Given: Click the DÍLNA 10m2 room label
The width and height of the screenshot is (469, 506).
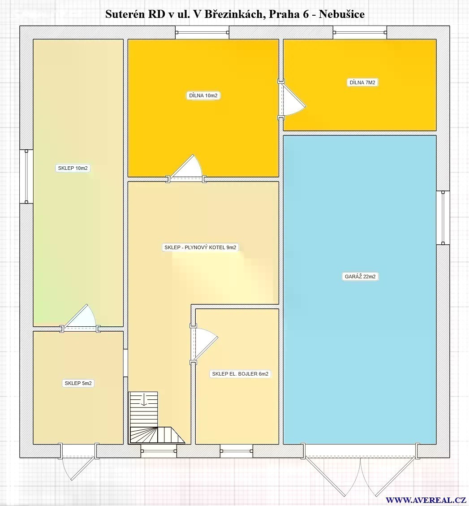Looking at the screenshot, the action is [x=203, y=95].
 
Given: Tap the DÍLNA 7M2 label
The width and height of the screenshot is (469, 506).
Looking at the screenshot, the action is [x=362, y=82].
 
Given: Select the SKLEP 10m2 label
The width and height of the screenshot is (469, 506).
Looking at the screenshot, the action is [x=73, y=168].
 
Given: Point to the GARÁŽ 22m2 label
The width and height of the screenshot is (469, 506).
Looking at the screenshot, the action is [x=360, y=277].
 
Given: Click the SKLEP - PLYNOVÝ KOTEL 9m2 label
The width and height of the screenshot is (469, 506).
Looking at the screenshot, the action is [x=200, y=247].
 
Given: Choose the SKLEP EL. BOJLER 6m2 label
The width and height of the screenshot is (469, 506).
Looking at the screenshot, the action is [x=240, y=374].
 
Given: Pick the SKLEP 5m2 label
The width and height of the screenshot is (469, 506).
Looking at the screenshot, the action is [x=78, y=383].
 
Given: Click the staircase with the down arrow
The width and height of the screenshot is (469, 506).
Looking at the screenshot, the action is [x=156, y=418].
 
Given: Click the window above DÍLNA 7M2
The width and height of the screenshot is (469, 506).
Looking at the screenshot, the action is [x=360, y=32].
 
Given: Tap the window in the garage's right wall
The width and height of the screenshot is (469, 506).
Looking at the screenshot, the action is [x=443, y=217].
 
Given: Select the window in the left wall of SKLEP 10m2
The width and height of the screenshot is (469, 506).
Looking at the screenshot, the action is [x=26, y=177].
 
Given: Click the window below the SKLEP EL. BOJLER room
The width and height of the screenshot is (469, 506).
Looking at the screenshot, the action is [x=237, y=451].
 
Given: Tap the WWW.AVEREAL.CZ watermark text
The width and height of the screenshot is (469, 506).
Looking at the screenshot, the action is [x=425, y=500].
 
